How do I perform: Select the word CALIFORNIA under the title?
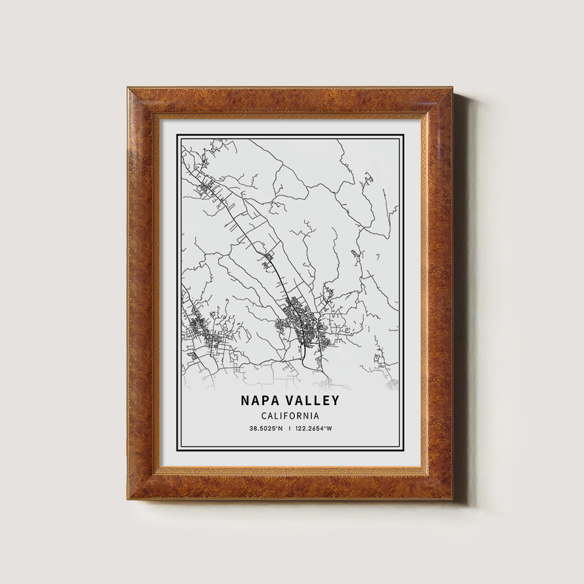coord(290,416)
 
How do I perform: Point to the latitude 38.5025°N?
coord(266,429)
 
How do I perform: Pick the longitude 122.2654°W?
coord(314,429)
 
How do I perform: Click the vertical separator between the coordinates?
coord(290,429)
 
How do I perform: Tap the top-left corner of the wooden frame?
coord(128,88)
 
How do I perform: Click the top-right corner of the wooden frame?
coord(453,88)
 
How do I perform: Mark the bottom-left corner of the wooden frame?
coord(128,500)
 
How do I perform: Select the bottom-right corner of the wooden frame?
coord(453,500)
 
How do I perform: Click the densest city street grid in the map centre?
coord(304,327)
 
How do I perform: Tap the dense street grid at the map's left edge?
coord(196,330)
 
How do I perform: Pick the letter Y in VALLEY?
coord(335,401)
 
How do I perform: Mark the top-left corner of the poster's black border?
coord(178,135)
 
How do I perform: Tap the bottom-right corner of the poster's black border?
coord(404,452)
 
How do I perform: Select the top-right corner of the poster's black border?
coord(404,135)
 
